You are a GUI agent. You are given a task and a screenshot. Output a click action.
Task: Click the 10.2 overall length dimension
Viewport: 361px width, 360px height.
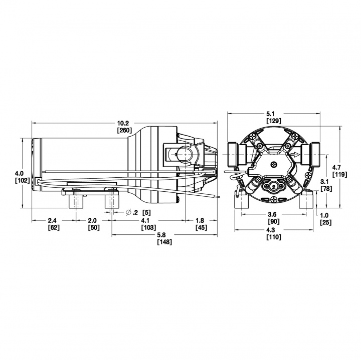coord(123,123)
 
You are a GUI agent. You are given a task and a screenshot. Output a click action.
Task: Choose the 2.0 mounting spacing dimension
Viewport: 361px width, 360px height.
coord(93,220)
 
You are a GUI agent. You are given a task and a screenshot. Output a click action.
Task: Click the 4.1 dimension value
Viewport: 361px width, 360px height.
coord(144,220)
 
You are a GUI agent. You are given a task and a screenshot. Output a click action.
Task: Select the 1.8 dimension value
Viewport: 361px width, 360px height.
coord(200,220)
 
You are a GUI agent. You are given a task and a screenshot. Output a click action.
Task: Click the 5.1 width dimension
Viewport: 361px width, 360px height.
coord(273,114)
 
